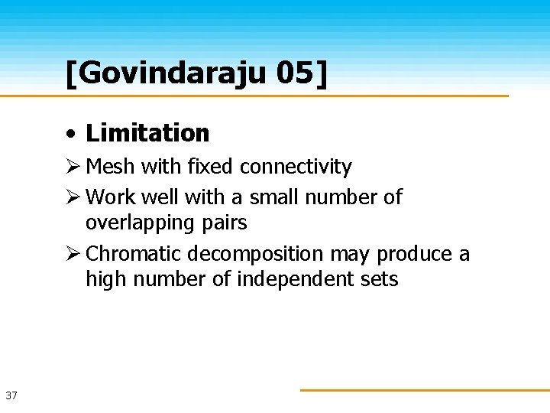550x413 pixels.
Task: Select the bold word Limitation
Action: (x=147, y=133)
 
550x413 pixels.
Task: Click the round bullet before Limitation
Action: (x=70, y=134)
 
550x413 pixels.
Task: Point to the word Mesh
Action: (x=110, y=167)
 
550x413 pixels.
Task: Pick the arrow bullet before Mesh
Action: (x=73, y=167)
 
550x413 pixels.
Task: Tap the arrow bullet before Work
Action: (x=73, y=197)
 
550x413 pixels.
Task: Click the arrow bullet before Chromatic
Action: (x=73, y=254)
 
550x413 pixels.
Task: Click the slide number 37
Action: (x=11, y=395)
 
